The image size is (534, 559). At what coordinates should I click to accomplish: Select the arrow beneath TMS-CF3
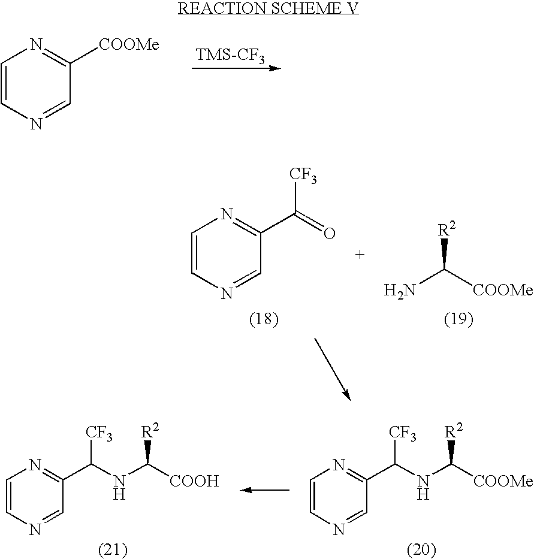coord(236,68)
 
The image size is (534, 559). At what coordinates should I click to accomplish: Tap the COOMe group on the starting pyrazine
coord(129,46)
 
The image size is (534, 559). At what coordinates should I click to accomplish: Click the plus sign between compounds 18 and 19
coord(360,255)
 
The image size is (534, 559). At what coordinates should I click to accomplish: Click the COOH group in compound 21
coord(194,481)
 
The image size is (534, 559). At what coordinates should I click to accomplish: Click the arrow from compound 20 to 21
coord(264,490)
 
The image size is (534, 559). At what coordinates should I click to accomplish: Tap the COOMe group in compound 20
coord(502,481)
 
